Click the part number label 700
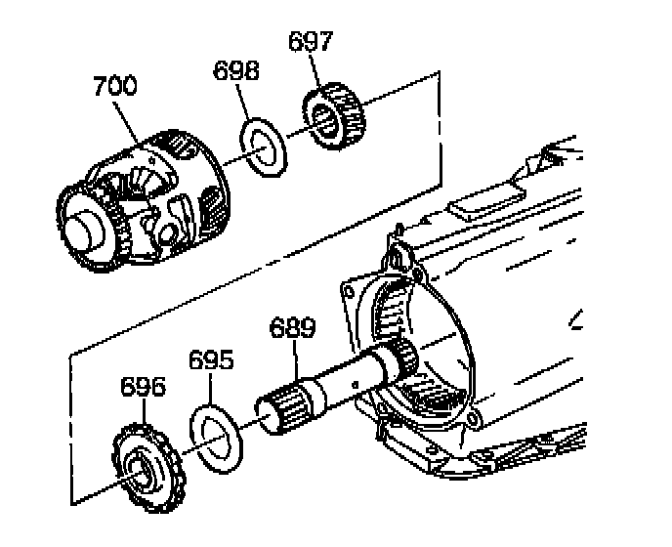pyautogui.click(x=115, y=87)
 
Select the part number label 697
pyautogui.click(x=311, y=42)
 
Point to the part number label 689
pyautogui.click(x=294, y=327)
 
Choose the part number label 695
pyautogui.click(x=210, y=359)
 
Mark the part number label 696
pyautogui.click(x=143, y=386)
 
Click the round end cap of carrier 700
pyautogui.click(x=83, y=231)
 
